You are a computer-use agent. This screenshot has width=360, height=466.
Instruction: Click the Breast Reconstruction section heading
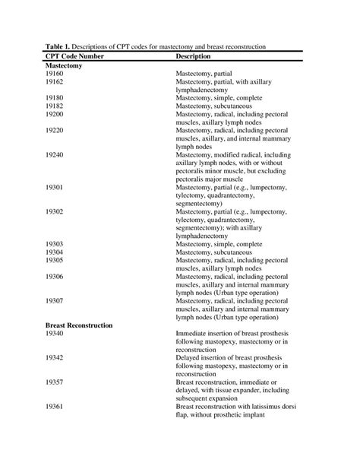click(x=79, y=325)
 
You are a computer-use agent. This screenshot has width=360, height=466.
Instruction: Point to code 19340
click(x=55, y=333)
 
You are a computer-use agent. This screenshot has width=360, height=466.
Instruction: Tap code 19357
click(x=55, y=382)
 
